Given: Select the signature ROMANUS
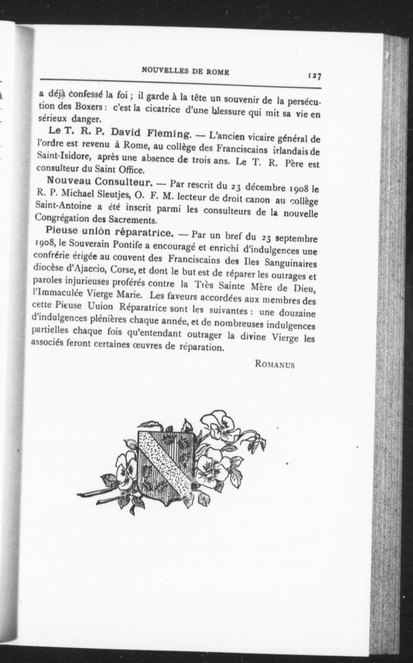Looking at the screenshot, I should pos(275,365).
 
